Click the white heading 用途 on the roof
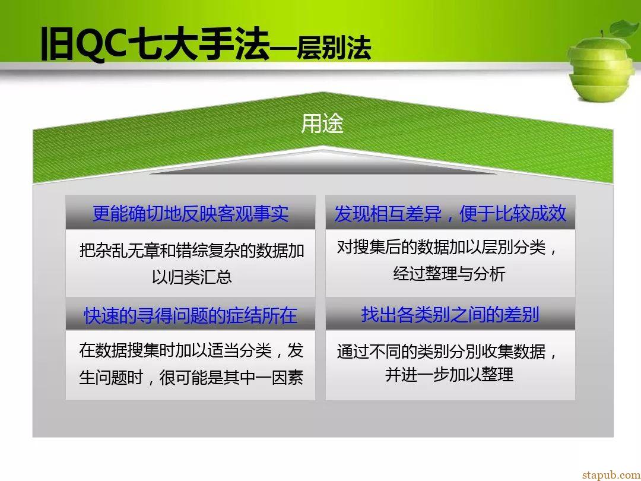tap(322, 123)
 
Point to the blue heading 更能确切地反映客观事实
tap(191, 214)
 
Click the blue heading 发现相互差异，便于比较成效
tap(450, 214)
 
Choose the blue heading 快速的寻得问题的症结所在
tap(191, 315)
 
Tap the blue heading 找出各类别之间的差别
tap(450, 314)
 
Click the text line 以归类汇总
tap(192, 277)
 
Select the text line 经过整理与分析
tap(449, 273)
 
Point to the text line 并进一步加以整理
tap(449, 374)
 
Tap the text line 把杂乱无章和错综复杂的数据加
tap(192, 251)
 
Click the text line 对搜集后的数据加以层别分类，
tap(448, 247)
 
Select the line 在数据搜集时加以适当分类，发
tap(191, 350)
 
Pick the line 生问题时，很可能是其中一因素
tap(191, 377)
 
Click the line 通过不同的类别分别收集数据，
tap(448, 351)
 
